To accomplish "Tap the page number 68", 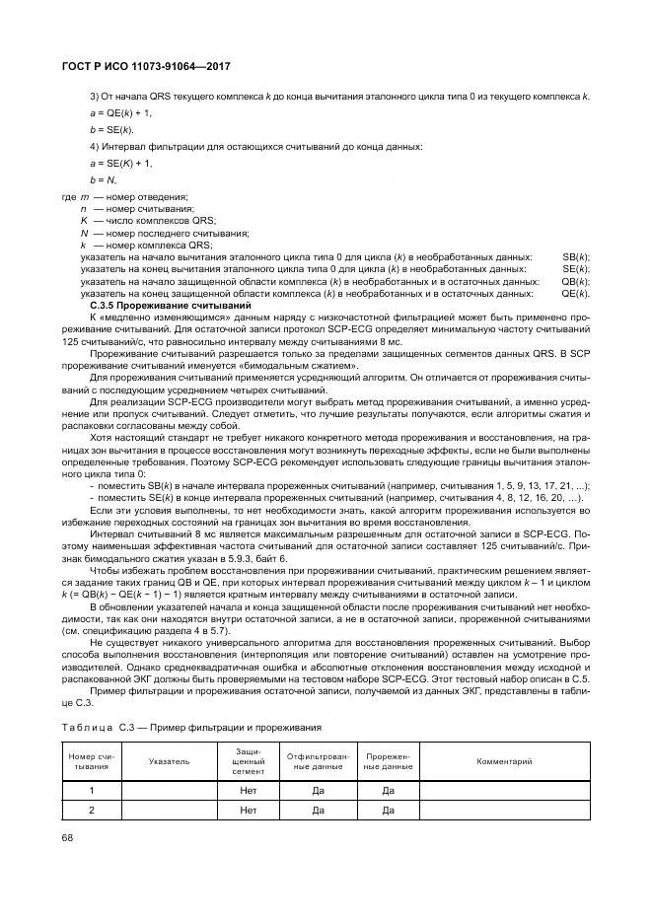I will (66, 836).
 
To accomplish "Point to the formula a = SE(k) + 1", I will (120, 163).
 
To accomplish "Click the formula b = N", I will (104, 179).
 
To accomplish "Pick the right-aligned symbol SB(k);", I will (575, 256).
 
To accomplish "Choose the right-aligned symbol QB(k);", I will (575, 281).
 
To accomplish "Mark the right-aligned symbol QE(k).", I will (575, 293).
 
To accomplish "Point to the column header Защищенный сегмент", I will (248, 761).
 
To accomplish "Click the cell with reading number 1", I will (92, 790).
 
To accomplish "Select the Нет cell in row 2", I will (248, 810).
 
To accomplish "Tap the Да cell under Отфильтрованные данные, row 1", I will (318, 790).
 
